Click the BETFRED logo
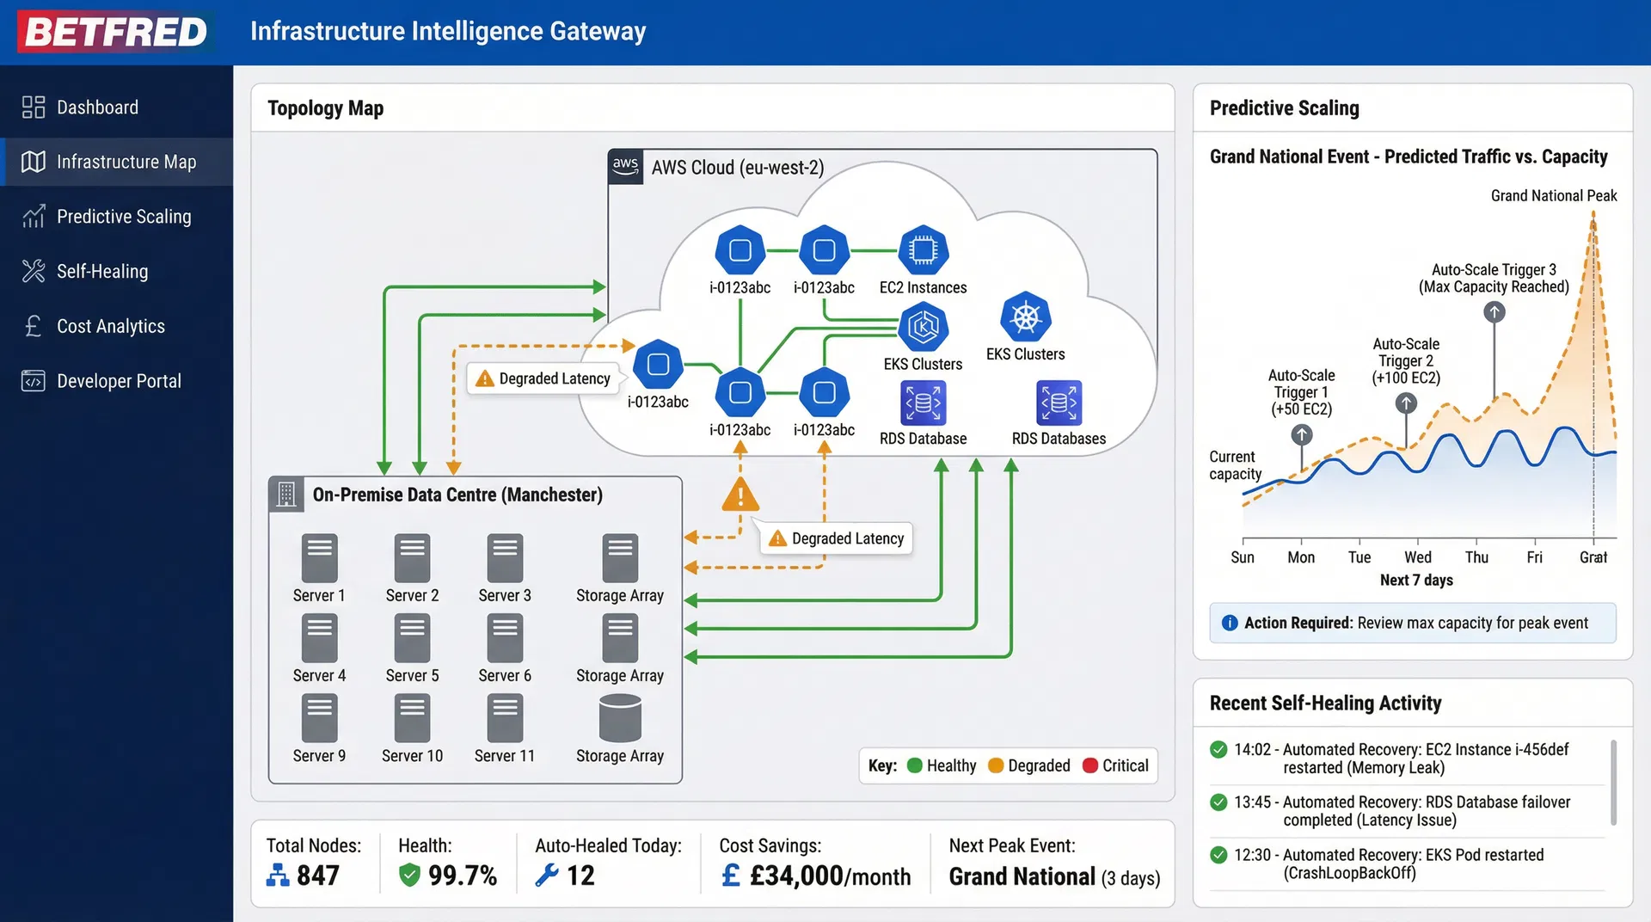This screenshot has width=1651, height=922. [116, 32]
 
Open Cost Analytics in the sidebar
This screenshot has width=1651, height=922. [110, 326]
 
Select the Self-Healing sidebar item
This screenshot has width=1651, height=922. [101, 271]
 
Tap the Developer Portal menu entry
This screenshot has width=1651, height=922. [118, 381]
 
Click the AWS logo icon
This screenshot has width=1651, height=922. [625, 166]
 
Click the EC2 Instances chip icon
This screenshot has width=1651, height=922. [923, 250]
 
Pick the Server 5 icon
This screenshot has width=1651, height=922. [412, 637]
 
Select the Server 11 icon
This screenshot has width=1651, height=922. [505, 717]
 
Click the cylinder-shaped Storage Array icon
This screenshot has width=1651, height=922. [620, 717]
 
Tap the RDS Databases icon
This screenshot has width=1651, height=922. [1059, 403]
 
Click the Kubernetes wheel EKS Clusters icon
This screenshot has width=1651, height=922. [1025, 317]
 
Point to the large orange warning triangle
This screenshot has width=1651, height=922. [740, 495]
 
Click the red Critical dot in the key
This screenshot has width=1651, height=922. [1090, 765]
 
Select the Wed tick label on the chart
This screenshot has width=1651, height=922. [1418, 557]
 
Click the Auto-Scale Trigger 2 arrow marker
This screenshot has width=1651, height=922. [1406, 403]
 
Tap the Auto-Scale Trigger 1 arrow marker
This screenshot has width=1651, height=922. [1302, 435]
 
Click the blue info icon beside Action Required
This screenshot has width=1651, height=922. [1230, 623]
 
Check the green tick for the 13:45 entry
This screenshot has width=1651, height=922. [1218, 802]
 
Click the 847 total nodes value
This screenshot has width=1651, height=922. [317, 876]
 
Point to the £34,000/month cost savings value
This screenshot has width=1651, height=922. [830, 876]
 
